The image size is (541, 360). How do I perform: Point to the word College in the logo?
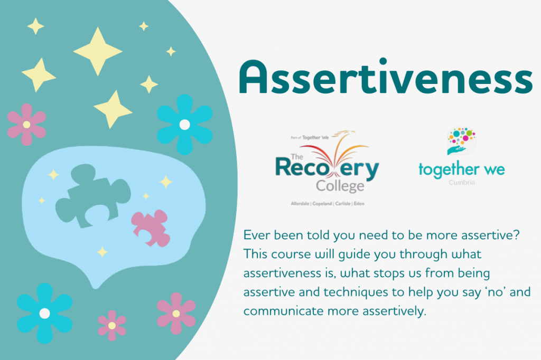pyautogui.click(x=340, y=186)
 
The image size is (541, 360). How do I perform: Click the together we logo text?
pyautogui.click(x=461, y=169)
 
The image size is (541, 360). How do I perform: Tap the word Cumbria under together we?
pyautogui.click(x=462, y=183)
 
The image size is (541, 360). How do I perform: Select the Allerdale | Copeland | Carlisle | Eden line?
pyautogui.click(x=327, y=203)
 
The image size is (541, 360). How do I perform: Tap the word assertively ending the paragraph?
pyautogui.click(x=394, y=311)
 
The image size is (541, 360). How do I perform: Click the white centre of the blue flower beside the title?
pyautogui.click(x=184, y=125)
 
